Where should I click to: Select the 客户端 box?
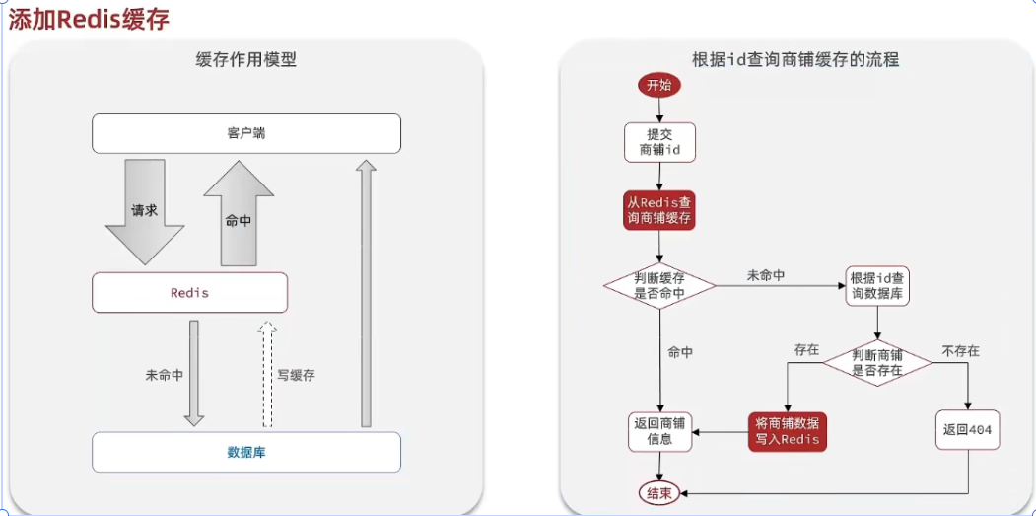pos(246,133)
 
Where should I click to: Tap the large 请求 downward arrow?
pos(145,211)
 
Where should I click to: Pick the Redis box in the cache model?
pos(189,293)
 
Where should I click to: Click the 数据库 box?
pos(246,452)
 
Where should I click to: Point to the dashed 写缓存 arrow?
pos(266,373)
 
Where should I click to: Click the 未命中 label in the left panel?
pos(164,375)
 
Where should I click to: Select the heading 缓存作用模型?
pos(246,59)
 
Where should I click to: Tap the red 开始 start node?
pos(658,85)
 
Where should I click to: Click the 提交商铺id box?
pos(659,142)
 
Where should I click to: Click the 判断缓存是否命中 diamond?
pos(659,285)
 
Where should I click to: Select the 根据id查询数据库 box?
pos(876,285)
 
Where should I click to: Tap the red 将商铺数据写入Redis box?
pos(787,430)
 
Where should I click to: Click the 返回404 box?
pos(968,430)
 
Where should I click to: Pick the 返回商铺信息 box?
pos(659,430)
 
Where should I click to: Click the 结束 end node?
pos(658,493)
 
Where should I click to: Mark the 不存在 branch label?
pos(960,350)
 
